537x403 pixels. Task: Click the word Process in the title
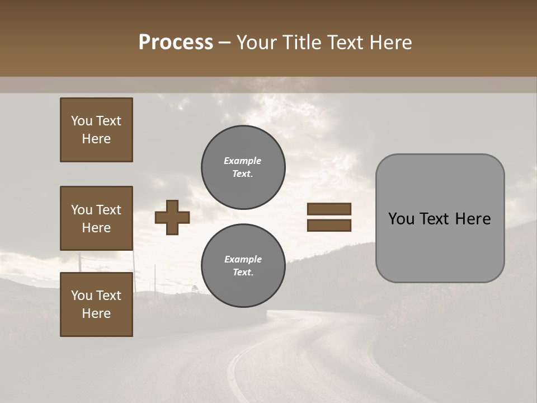(x=176, y=43)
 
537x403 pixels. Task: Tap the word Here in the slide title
(x=388, y=43)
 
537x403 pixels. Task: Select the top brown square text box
(x=96, y=130)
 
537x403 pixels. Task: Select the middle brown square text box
(x=96, y=218)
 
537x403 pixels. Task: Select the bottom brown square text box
(x=96, y=304)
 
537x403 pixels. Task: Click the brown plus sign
(x=172, y=217)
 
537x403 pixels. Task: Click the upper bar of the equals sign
(x=329, y=209)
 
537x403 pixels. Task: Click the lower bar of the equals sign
(x=329, y=226)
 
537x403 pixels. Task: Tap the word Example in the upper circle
(x=242, y=161)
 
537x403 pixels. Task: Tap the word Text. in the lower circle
(x=243, y=273)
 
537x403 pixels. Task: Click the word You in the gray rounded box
(x=401, y=219)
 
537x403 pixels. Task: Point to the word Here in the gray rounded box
(x=473, y=219)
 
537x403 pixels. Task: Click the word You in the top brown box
(x=81, y=121)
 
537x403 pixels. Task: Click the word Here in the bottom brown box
(x=96, y=313)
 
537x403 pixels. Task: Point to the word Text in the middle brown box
(x=108, y=210)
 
